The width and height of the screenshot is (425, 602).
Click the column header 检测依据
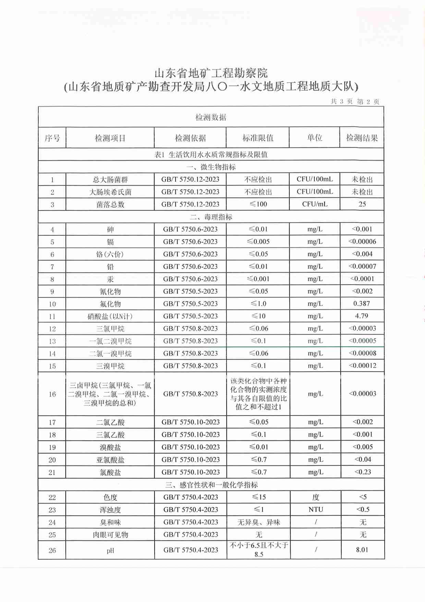[x=190, y=138]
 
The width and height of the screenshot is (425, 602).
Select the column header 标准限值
[x=258, y=138]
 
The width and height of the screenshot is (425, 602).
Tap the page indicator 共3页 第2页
[x=355, y=102]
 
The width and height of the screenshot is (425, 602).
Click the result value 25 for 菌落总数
[x=362, y=204]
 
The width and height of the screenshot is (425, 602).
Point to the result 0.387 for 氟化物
[x=362, y=304]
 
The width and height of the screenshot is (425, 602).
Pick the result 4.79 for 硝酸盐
[x=362, y=316]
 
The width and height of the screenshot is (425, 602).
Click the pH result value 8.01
[x=362, y=550]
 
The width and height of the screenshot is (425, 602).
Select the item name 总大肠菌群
[x=110, y=180]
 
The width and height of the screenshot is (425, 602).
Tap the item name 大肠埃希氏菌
[x=110, y=192]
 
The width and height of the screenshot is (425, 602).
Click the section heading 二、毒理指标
[x=211, y=217]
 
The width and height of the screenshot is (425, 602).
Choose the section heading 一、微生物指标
[x=211, y=167]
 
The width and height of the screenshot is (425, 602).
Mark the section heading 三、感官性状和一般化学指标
[x=211, y=485]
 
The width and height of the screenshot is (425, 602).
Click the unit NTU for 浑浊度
[x=316, y=510]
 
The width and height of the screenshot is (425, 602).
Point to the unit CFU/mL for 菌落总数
[x=315, y=204]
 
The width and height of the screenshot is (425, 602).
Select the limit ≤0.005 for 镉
[x=258, y=242]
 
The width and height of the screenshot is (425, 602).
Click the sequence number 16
[x=52, y=394]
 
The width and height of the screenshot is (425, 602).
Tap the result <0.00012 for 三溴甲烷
[x=362, y=366]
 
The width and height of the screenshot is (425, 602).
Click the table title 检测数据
[x=211, y=117]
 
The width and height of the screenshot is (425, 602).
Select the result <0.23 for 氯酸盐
[x=363, y=472]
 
